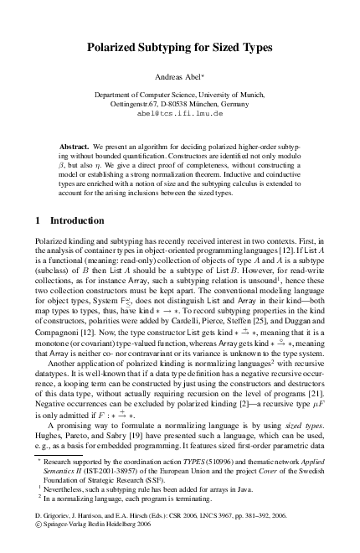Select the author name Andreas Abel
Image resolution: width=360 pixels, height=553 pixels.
pos(178,76)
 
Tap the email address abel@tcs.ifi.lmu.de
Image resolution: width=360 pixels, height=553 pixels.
pos(179,111)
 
